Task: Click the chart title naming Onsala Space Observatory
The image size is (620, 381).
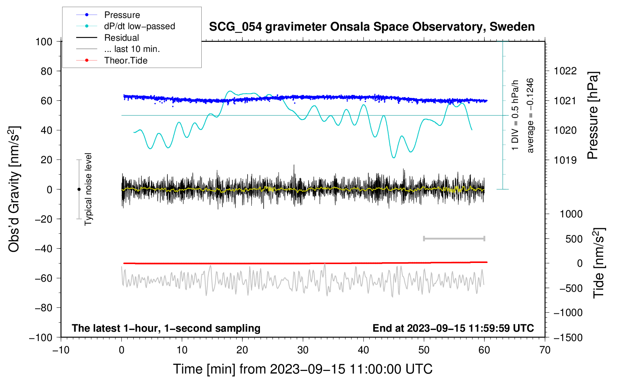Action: click(x=372, y=27)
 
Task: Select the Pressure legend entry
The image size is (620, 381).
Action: click(x=108, y=15)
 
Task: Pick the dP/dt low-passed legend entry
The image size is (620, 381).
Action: click(x=125, y=26)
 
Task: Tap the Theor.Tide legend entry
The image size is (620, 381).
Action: click(x=112, y=61)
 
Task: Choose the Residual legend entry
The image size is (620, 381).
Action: click(x=108, y=38)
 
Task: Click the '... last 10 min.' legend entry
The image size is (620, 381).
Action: click(x=118, y=49)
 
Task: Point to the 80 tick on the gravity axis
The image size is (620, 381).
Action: click(x=47, y=71)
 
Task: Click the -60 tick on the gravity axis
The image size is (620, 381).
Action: click(x=44, y=278)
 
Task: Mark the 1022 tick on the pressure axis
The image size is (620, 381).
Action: click(x=565, y=71)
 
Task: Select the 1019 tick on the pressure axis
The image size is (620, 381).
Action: click(x=565, y=160)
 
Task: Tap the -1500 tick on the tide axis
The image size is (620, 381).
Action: click(x=568, y=338)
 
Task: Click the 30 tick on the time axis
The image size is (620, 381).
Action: click(x=303, y=350)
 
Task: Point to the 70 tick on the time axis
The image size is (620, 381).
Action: click(x=545, y=350)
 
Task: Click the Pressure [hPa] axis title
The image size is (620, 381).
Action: click(x=593, y=115)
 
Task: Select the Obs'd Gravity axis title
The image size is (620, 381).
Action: click(x=14, y=189)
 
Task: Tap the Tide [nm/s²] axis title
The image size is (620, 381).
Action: click(x=599, y=263)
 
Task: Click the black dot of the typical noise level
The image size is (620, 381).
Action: click(x=79, y=189)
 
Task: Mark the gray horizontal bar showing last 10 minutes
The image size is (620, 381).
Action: click(x=454, y=239)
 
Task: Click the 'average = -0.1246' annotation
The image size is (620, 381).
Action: click(x=530, y=115)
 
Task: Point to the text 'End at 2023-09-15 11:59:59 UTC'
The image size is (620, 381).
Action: click(x=453, y=328)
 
